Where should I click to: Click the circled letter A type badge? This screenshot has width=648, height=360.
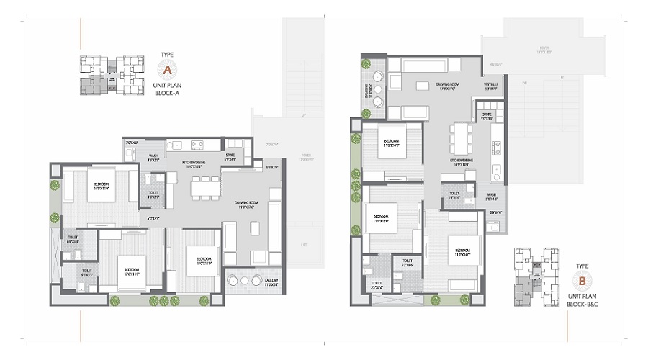166,70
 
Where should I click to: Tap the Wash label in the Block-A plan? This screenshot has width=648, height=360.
153,157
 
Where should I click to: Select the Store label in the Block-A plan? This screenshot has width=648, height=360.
230,156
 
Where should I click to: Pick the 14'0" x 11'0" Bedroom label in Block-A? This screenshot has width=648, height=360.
101,186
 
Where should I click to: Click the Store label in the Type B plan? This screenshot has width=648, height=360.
487,115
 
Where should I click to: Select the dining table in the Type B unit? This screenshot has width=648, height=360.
459,136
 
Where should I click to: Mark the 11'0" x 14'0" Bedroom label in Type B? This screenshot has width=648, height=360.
462,252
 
